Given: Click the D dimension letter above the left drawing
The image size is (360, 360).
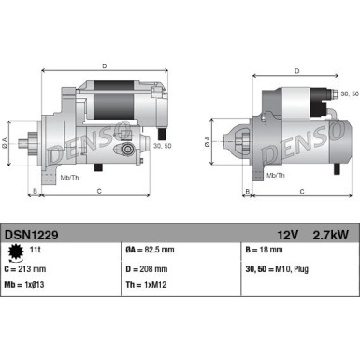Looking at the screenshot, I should click(x=104, y=65).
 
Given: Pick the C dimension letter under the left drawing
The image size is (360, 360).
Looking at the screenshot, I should click(x=99, y=191).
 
